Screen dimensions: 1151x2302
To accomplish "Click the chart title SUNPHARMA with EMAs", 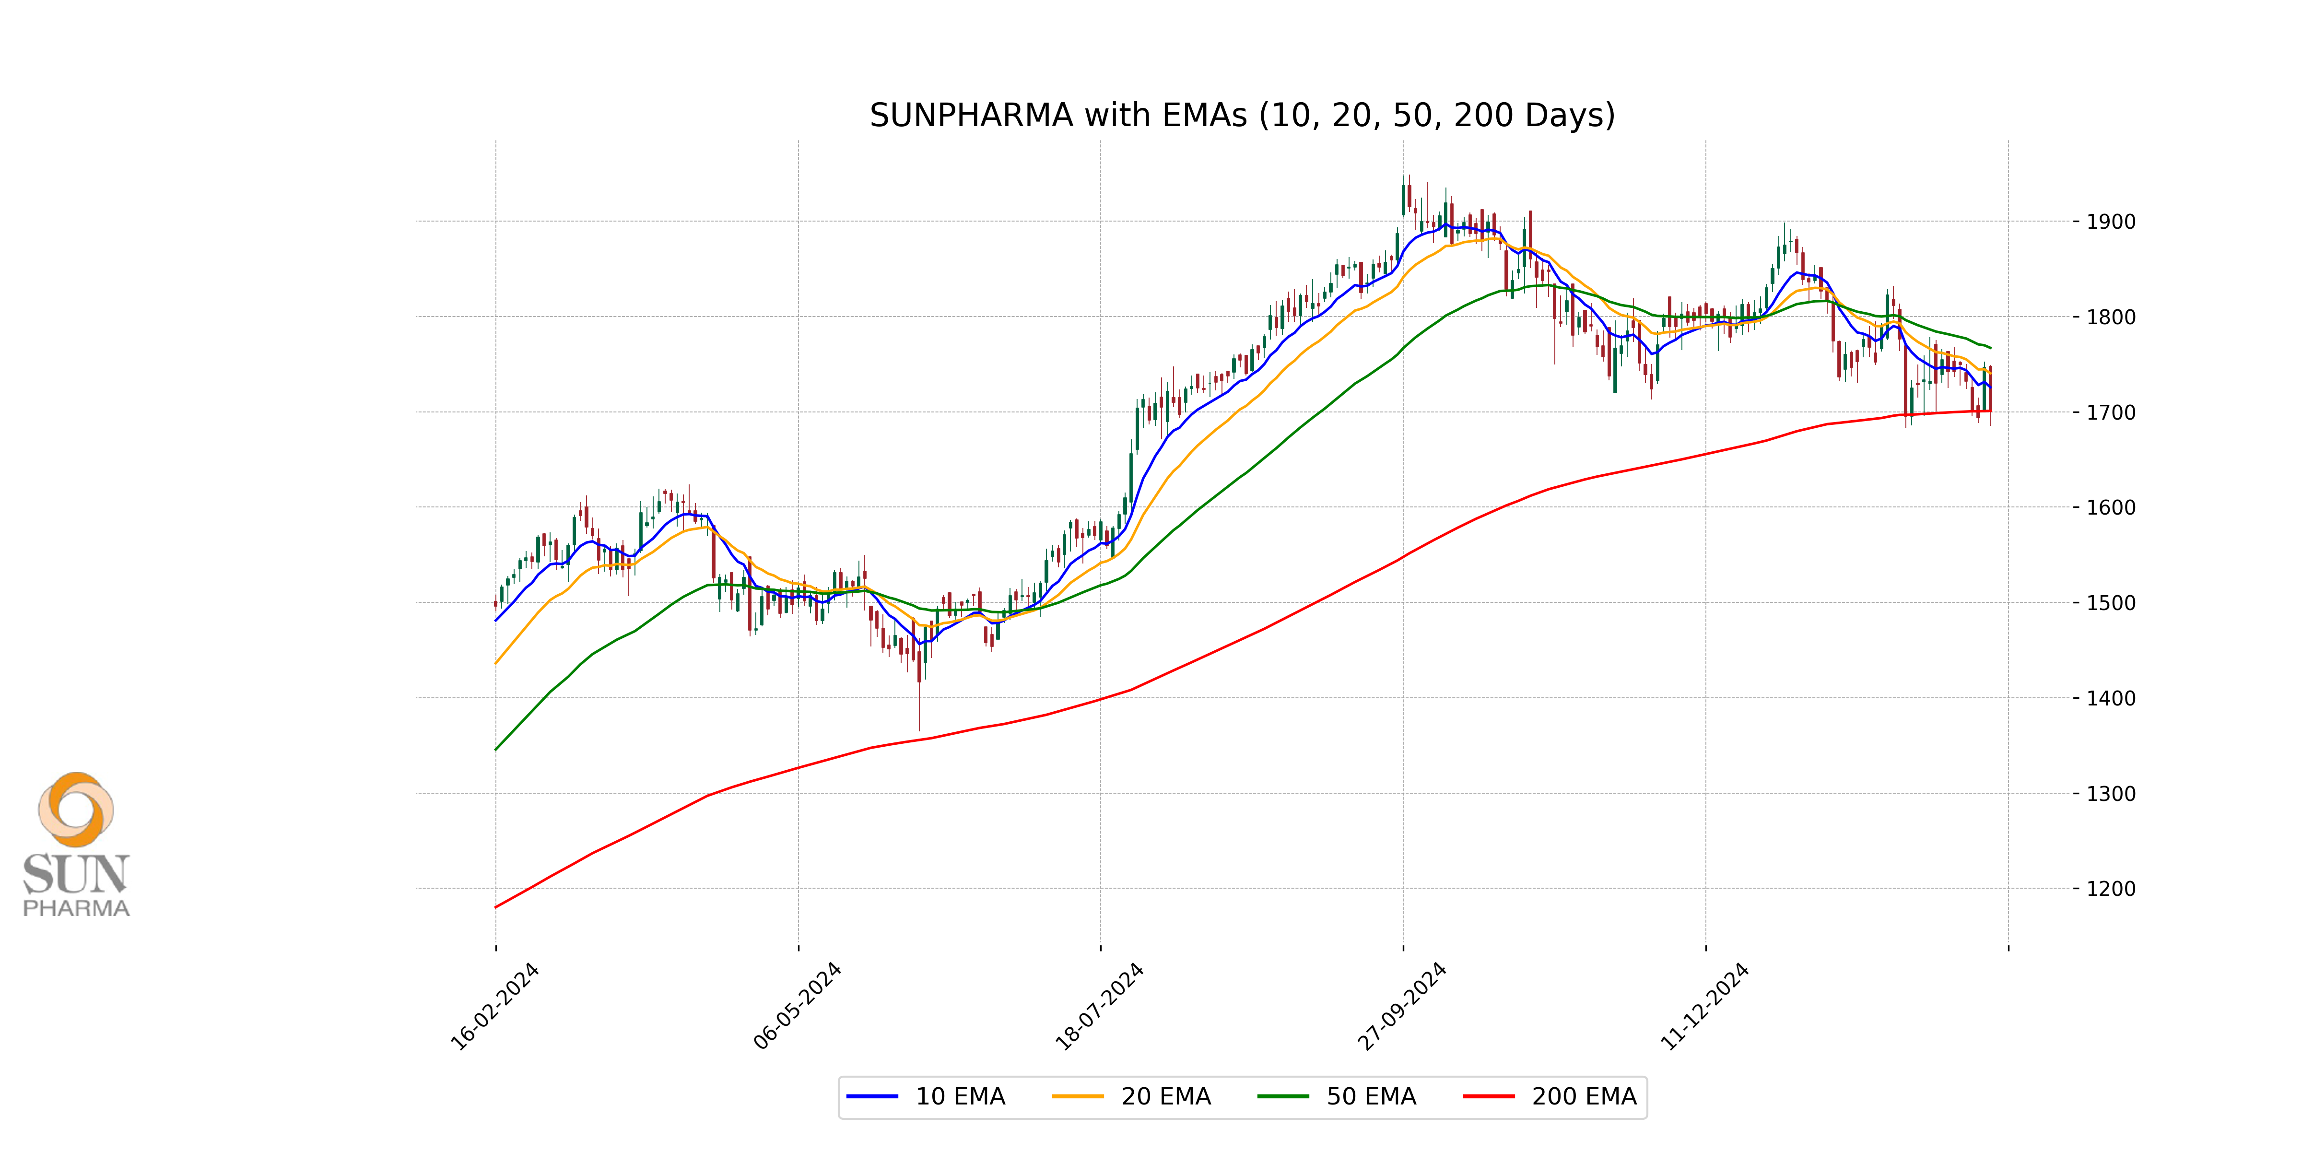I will pyautogui.click(x=1242, y=115).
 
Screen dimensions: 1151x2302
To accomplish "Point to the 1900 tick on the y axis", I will pyautogui.click(x=2111, y=222).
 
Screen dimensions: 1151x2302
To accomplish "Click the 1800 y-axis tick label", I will pyautogui.click(x=2111, y=317).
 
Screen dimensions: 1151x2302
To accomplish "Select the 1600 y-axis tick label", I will pyautogui.click(x=2111, y=507).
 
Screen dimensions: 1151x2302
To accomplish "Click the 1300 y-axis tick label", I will pyautogui.click(x=2111, y=794).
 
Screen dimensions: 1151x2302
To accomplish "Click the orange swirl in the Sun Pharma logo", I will pyautogui.click(x=76, y=809).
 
